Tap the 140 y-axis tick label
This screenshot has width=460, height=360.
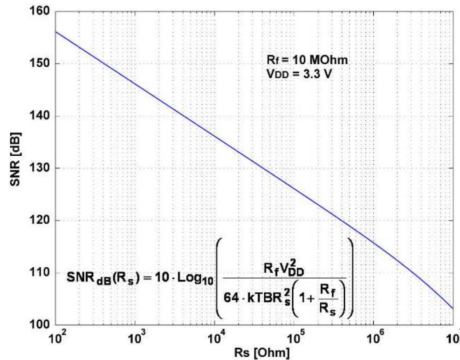click(41, 116)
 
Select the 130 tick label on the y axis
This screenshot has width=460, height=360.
click(41, 168)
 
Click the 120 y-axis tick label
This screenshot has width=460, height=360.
click(41, 221)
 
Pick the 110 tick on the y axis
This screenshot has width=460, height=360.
click(41, 273)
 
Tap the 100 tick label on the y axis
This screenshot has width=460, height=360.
click(41, 325)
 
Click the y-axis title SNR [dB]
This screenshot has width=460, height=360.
click(14, 168)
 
